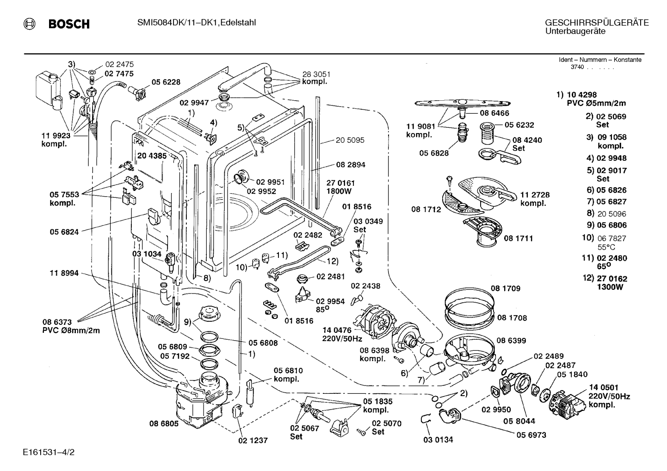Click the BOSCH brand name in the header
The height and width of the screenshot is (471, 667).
[x=69, y=24]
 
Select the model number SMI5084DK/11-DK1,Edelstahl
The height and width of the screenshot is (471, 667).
[x=197, y=23]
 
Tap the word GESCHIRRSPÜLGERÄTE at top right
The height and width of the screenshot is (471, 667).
[x=597, y=23]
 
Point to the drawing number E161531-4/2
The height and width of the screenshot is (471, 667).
[x=49, y=452]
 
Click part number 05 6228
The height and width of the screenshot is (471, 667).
[x=166, y=82]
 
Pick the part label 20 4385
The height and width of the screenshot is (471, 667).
[x=152, y=155]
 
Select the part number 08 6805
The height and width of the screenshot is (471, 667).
[x=164, y=424]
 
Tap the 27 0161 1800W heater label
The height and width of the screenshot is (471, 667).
[x=340, y=187]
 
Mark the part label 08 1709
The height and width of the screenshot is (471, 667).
[x=506, y=288]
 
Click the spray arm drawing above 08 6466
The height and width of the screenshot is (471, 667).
[x=463, y=104]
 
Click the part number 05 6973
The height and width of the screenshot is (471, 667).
[x=531, y=435]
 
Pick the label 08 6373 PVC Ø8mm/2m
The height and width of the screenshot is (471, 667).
[x=71, y=326]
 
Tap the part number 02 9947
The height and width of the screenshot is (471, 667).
[x=194, y=103]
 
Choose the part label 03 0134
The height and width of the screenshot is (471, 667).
[x=438, y=440]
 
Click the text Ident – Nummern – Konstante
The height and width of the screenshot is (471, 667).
[x=600, y=60]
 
